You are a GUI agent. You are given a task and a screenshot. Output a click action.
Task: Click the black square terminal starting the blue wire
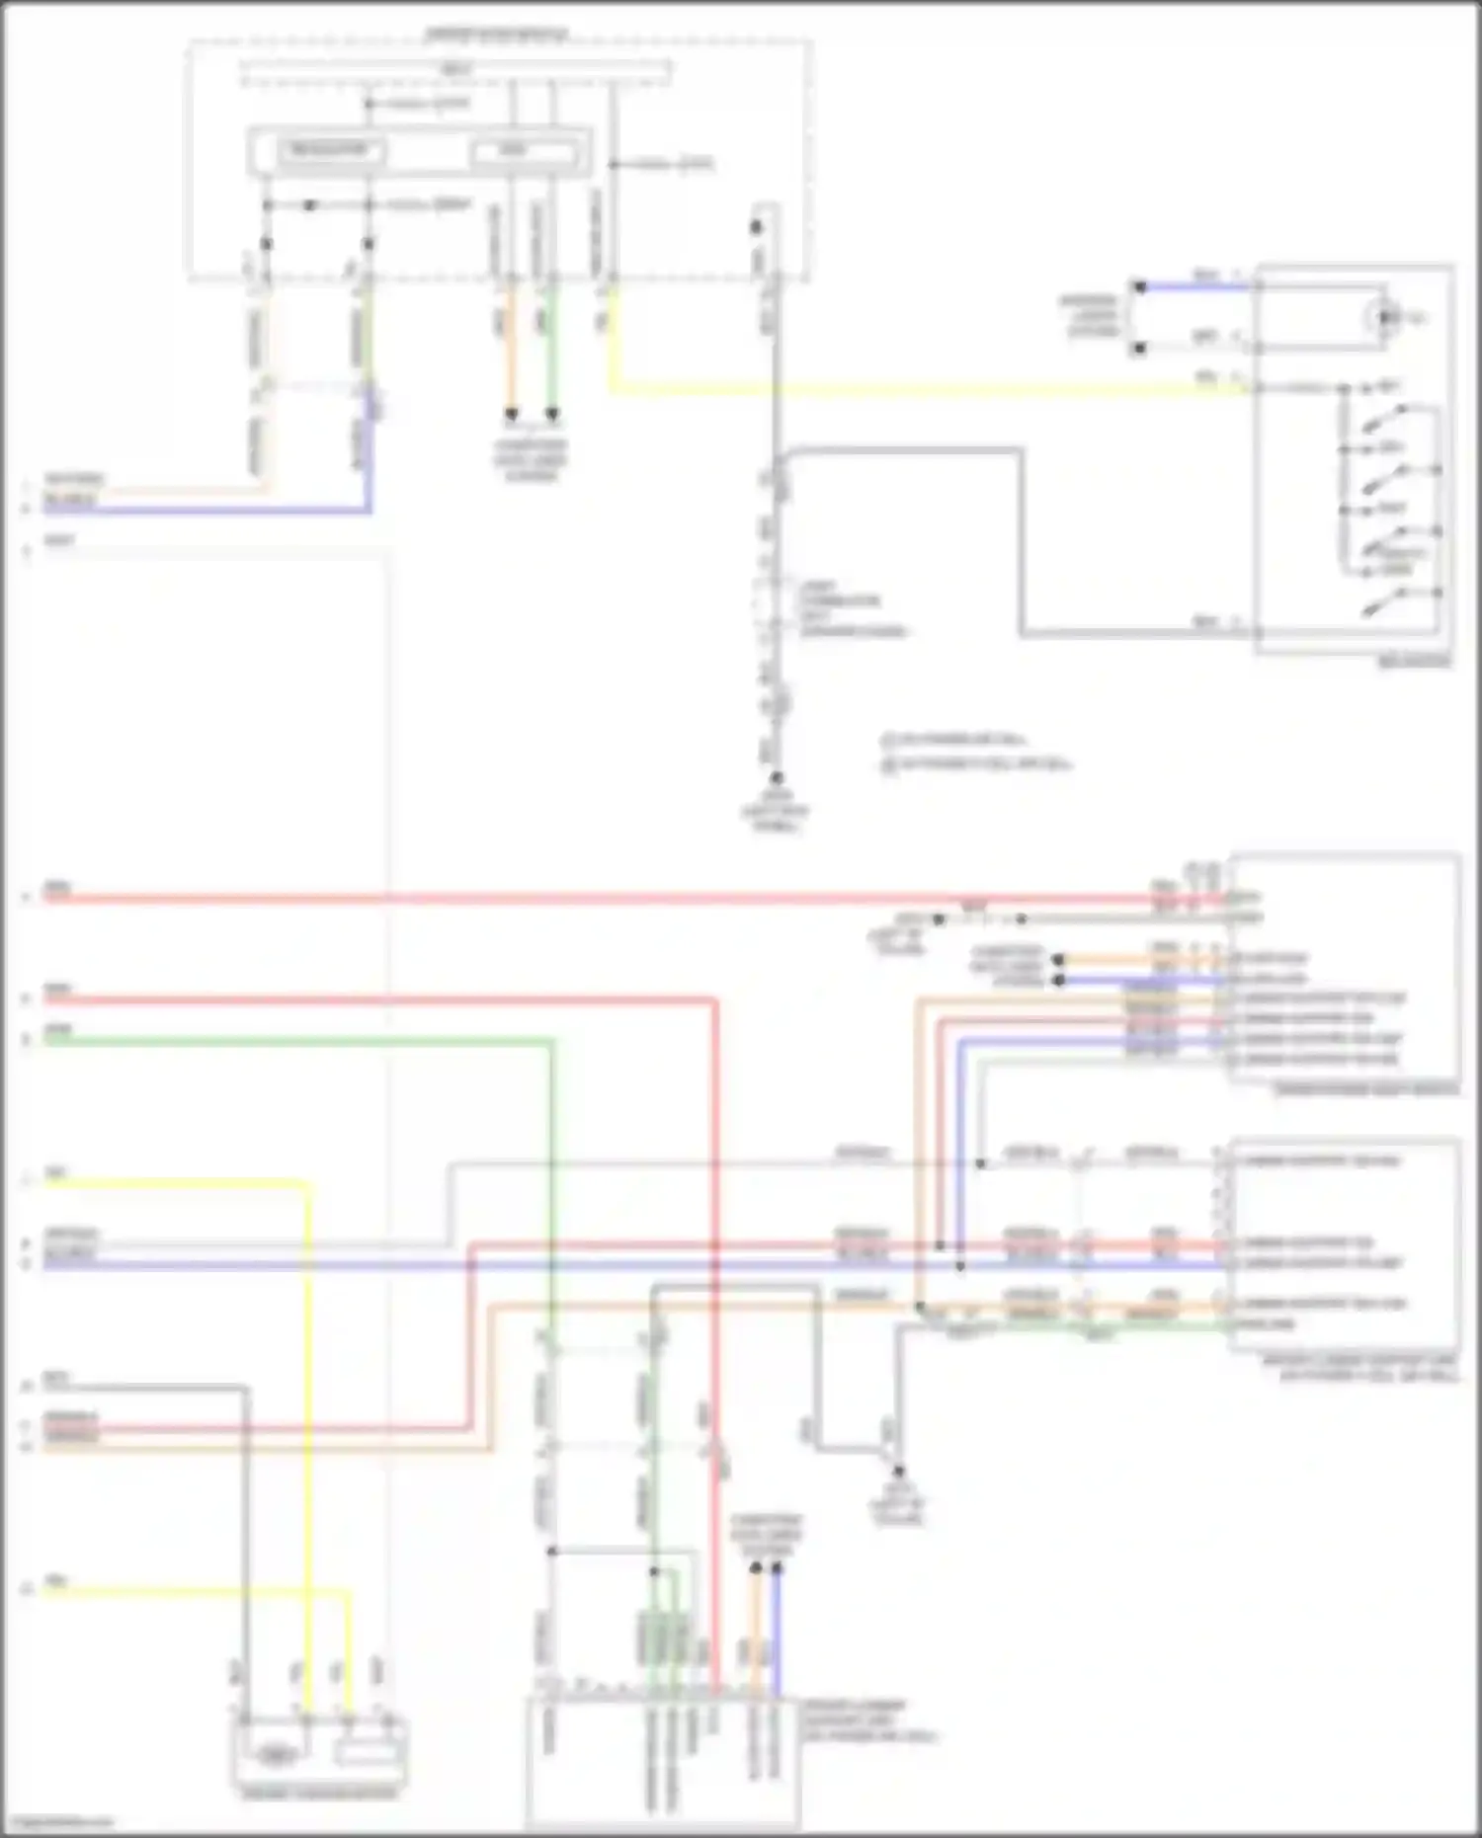tap(1138, 287)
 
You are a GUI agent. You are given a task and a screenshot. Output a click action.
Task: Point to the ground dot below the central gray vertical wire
tap(777, 778)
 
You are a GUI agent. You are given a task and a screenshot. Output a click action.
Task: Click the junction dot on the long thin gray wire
tap(980, 1163)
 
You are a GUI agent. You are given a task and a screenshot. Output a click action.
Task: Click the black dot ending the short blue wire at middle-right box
tap(1058, 980)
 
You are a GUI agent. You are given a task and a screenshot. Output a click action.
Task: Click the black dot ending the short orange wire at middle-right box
tap(1058, 959)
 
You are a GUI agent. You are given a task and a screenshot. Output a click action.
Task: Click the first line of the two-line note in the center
tap(954, 740)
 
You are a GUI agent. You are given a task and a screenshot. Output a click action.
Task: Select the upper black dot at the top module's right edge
tap(756, 227)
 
